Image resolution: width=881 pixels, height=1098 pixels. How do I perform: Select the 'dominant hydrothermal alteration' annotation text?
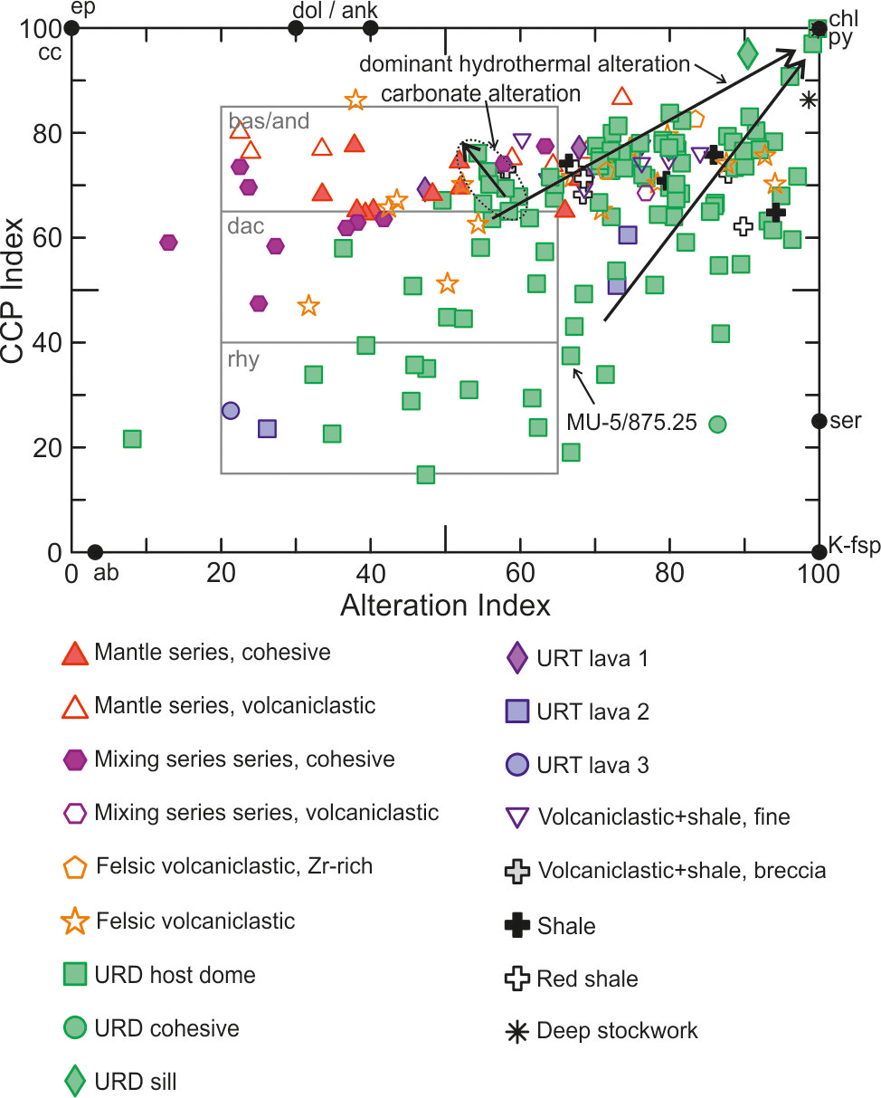[525, 64]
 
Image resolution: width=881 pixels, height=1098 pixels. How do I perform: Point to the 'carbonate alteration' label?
[479, 94]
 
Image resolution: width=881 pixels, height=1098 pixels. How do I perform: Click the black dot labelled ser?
[819, 421]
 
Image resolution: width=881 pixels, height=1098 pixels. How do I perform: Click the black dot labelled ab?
[95, 552]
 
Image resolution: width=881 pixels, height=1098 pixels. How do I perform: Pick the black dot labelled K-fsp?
[819, 552]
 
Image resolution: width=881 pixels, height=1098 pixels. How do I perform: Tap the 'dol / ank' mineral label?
[336, 10]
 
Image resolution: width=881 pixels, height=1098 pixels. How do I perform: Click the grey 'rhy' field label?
[244, 359]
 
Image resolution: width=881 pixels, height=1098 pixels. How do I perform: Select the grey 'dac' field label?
[246, 226]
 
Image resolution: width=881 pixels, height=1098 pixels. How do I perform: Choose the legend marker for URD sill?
[76, 1081]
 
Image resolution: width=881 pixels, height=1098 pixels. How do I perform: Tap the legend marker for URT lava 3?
[516, 766]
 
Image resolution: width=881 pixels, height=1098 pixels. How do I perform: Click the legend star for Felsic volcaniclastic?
[76, 921]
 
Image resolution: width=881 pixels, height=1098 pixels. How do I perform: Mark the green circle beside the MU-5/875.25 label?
[717, 423]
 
